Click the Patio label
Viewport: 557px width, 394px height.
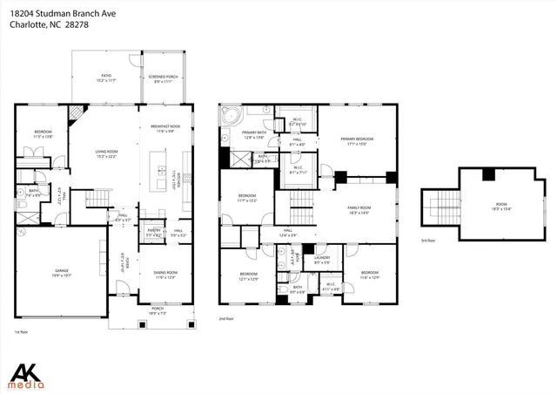click(105, 78)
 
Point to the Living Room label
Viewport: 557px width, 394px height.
click(106, 154)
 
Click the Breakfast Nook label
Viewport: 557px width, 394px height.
click(165, 129)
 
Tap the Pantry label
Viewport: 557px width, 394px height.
click(153, 234)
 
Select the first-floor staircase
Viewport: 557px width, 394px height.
click(104, 198)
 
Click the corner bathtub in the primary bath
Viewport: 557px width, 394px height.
click(231, 115)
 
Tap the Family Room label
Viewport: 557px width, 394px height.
click(359, 209)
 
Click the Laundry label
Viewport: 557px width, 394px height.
click(321, 259)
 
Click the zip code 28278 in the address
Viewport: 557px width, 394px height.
click(77, 24)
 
